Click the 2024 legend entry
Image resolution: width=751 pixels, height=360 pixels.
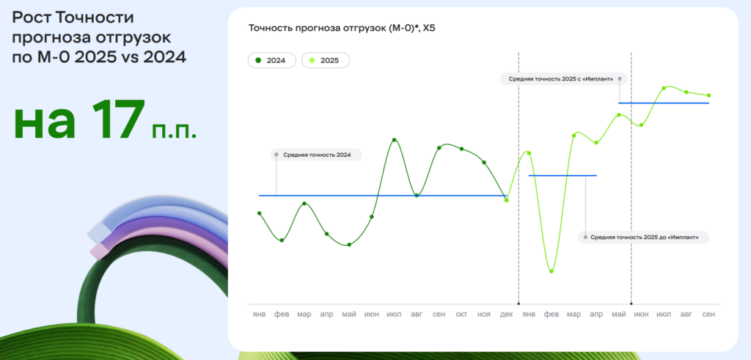(x=271, y=60)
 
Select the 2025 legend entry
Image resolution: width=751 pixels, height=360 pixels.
(x=326, y=60)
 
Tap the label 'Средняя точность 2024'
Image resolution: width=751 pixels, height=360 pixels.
(x=317, y=155)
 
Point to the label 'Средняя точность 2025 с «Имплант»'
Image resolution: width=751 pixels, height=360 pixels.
(x=561, y=78)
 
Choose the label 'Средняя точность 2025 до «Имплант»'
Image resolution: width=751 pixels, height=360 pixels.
(x=644, y=237)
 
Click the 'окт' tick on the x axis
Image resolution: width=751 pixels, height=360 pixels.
(x=461, y=315)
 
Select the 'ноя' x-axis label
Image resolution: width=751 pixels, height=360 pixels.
(x=484, y=315)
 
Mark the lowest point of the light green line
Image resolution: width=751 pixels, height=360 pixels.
(x=552, y=271)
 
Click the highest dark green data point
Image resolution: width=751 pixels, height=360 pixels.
(x=394, y=140)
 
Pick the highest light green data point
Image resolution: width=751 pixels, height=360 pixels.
(x=664, y=88)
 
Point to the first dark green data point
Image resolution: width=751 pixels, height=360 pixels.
(x=259, y=213)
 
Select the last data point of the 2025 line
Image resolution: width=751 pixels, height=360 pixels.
(x=709, y=95)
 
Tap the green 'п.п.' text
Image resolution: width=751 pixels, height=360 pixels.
(x=175, y=131)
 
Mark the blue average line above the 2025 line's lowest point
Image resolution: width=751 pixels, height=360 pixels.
(x=563, y=176)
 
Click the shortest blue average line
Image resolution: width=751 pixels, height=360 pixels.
(x=563, y=176)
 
